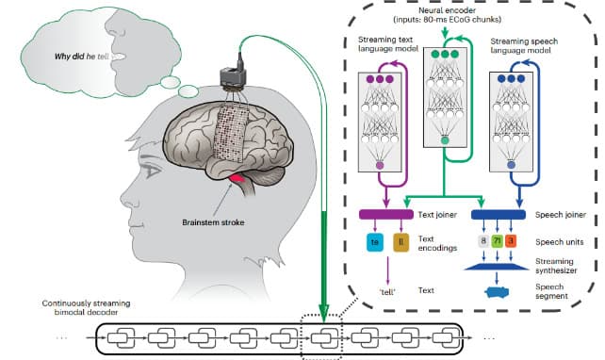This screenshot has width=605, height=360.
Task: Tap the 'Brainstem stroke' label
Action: pos(214,223)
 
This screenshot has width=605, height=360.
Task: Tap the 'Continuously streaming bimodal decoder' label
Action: pos(87,307)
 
